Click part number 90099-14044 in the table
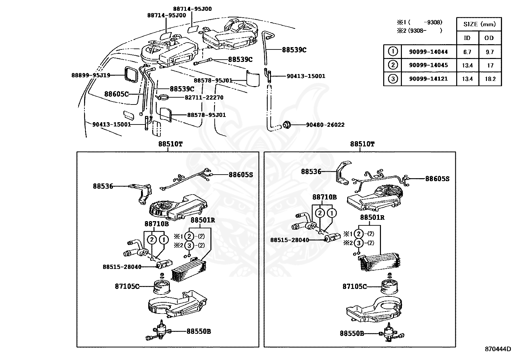click(x=428, y=52)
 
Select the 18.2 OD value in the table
click(x=490, y=79)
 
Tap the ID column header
click(x=467, y=38)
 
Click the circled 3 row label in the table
click(x=393, y=79)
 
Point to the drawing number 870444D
click(x=497, y=349)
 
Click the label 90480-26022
click(x=325, y=125)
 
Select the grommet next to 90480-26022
click(x=287, y=125)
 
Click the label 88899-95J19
click(x=91, y=75)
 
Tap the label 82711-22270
click(x=204, y=98)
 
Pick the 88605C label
click(x=116, y=94)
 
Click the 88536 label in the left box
click(x=103, y=186)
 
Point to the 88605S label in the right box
click(x=437, y=179)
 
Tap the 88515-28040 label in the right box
click(x=289, y=240)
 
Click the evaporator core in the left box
click(x=188, y=269)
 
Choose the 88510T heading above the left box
click(x=171, y=144)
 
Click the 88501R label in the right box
click(x=372, y=218)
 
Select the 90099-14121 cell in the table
click(x=428, y=79)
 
